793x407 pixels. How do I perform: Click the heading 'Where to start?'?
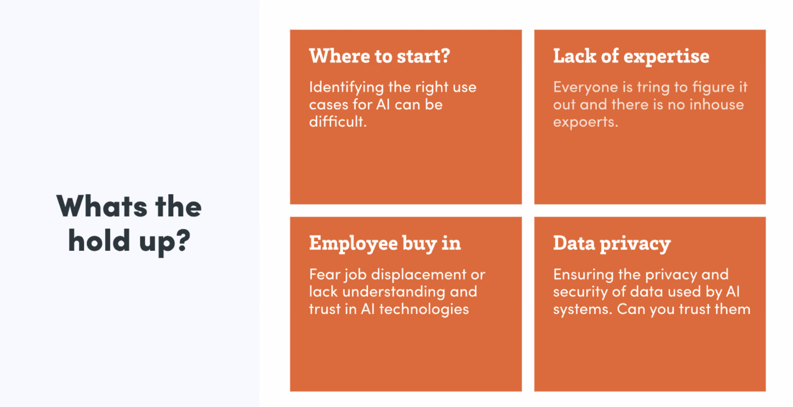379,56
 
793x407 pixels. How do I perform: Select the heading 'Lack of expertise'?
631,56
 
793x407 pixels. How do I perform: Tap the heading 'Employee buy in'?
385,244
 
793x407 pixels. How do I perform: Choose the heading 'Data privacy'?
612,244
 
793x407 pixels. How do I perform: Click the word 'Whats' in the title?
102,206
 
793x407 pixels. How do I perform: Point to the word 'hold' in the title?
99,240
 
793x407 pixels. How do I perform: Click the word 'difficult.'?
338,121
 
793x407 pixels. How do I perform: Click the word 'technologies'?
424,310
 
